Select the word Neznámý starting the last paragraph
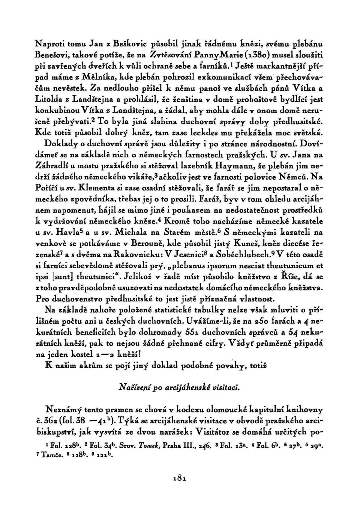pyautogui.click(x=64, y=408)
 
